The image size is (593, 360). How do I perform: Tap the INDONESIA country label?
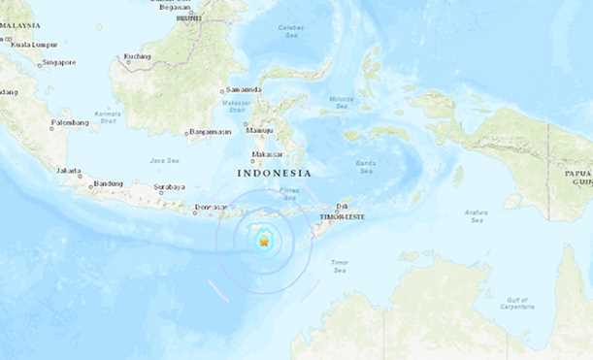tap(275, 173)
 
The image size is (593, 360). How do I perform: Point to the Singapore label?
tap(58, 63)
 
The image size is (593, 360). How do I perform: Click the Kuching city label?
tap(138, 56)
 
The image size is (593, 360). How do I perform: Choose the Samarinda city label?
tap(243, 89)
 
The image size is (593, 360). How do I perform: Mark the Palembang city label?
tap(70, 123)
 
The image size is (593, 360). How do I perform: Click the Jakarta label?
tap(69, 170)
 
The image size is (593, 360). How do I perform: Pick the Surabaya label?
tap(169, 186)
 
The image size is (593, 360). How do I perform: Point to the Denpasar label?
tap(211, 207)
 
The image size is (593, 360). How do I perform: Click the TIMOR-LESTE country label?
tap(343, 216)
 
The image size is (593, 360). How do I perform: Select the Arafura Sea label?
tap(475, 216)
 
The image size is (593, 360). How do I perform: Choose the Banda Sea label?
tap(365, 164)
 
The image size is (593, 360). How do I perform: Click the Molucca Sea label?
tap(342, 100)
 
